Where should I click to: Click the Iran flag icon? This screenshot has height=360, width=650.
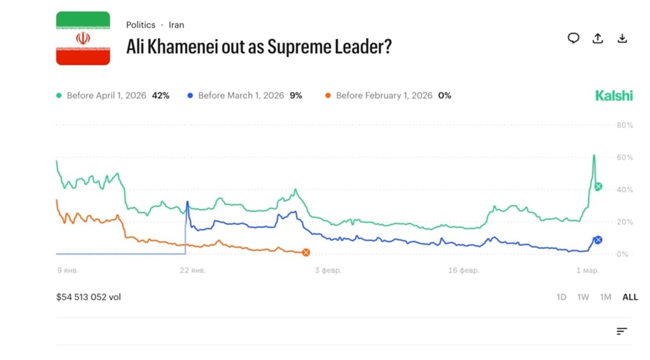[x=83, y=38]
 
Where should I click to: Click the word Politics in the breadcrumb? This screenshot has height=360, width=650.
[x=141, y=25]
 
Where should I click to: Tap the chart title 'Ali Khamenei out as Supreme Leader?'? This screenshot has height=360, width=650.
[x=258, y=47]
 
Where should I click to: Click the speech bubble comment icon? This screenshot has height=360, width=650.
[x=573, y=38]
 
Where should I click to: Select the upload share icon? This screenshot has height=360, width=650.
[x=598, y=38]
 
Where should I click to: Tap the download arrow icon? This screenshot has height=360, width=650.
[x=622, y=38]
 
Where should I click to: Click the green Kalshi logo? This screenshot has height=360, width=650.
[x=614, y=96]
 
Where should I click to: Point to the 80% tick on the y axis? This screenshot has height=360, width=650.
[x=625, y=125]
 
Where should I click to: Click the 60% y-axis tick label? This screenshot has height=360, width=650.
[x=625, y=158]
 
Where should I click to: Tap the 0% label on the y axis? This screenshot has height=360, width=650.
[x=622, y=254]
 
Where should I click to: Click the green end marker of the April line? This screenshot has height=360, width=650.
[x=598, y=187]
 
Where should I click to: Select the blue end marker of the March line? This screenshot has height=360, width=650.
[x=598, y=240]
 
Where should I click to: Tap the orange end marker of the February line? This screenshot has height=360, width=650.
[x=306, y=252]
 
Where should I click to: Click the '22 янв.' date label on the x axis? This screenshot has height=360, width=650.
[x=192, y=270]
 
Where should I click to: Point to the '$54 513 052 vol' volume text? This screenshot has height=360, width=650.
[x=88, y=297]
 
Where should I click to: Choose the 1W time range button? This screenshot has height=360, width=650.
[x=583, y=297]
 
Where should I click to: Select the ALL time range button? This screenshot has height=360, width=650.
[x=630, y=297]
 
